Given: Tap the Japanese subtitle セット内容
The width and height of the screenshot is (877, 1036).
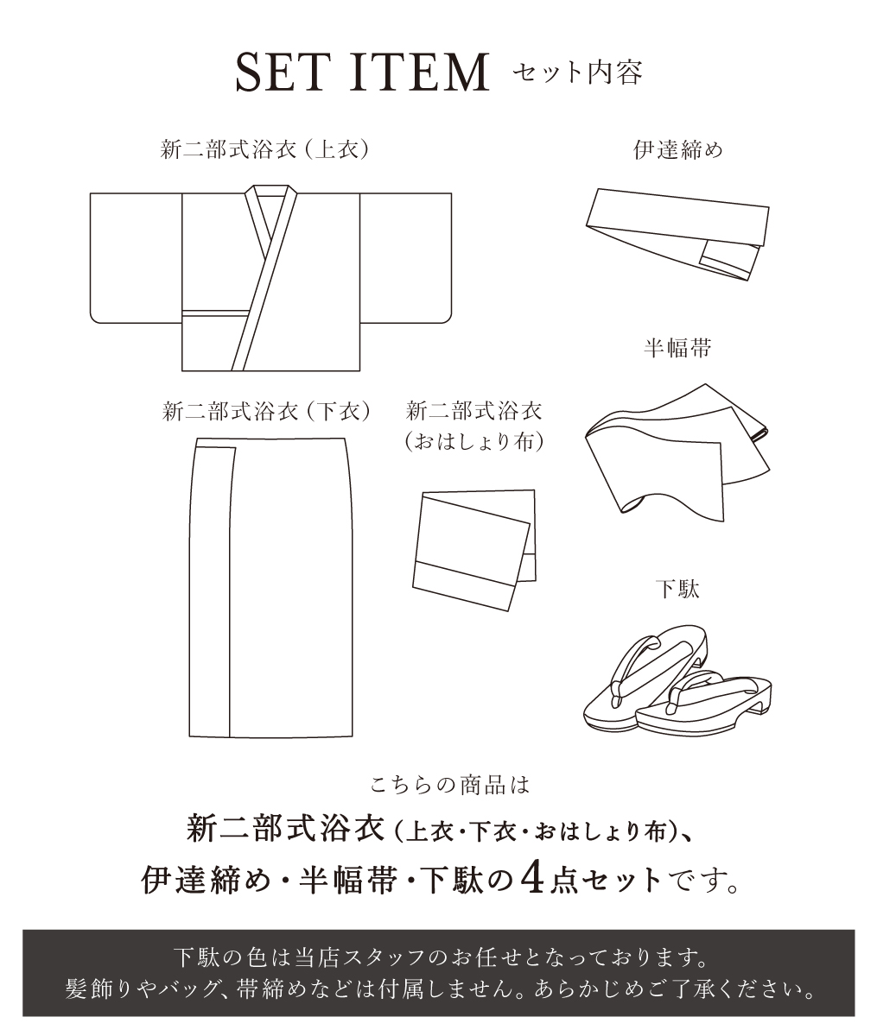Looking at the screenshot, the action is pos(577,73).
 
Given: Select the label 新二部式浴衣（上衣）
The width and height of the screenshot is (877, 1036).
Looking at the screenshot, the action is pos(264,149).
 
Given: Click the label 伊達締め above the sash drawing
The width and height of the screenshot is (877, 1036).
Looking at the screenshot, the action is pos(677,149).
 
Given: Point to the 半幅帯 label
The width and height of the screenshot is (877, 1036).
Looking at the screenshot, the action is pos(677,347).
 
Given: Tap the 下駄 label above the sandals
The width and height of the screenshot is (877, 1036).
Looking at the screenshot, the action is pos(677,590).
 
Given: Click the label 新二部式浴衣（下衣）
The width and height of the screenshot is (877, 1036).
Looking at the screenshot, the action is pos(266,412).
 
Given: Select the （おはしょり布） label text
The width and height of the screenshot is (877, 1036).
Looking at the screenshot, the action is pos(474,441).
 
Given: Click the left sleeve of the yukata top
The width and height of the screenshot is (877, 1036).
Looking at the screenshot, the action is pos(136,257).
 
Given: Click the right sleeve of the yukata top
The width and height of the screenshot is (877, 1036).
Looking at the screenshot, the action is pos(405,257).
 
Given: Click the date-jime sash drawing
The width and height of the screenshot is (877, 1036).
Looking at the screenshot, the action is pos(677,234).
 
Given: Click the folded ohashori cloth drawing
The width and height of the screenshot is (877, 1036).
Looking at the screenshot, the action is pos(474,550).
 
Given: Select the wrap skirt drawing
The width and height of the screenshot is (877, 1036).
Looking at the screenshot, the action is pos(271,587).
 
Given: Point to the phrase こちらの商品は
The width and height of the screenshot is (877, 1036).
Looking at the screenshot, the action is pos(450,786).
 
